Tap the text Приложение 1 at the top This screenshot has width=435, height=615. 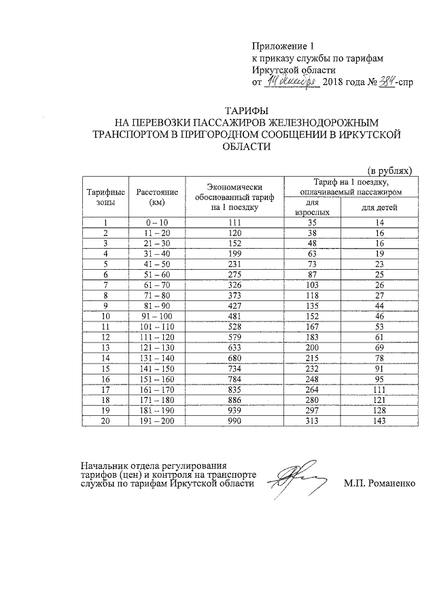coord(281,47)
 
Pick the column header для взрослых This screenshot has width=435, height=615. coord(311,207)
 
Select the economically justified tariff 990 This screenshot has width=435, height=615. coord(235,421)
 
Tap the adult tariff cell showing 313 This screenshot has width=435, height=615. coord(312,421)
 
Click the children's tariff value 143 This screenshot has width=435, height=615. coord(379,421)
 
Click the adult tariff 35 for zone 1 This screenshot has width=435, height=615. coord(312,222)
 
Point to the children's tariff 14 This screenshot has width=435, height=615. coord(379,222)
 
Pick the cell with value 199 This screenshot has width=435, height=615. coord(235,253)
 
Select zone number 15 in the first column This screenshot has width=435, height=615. coord(106,368)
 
